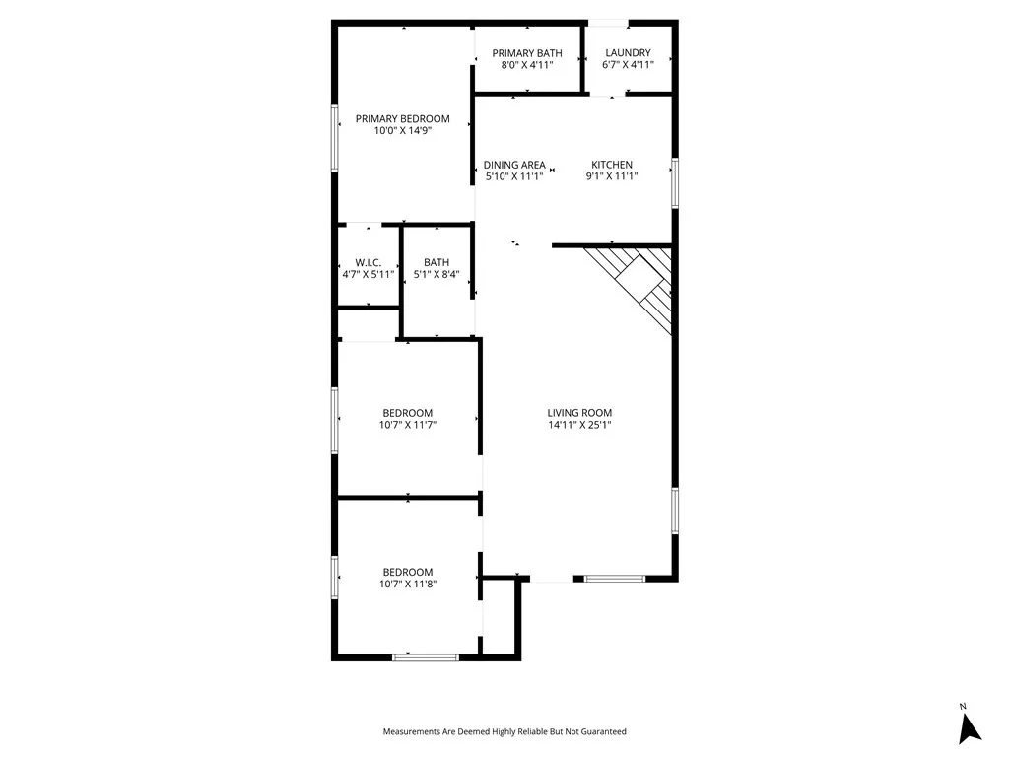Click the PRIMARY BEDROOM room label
pos(402,119)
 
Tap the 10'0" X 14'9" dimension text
pos(402,131)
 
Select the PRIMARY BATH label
pos(527,53)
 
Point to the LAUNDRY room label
pos(628,53)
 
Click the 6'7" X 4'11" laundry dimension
pos(628,65)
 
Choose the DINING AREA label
pos(514,165)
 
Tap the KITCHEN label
pos(612,165)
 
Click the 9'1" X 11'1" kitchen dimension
pos(612,176)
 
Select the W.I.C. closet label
pos(369,262)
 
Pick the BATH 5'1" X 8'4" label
pos(437,268)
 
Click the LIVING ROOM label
pos(580,413)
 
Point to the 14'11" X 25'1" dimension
pos(580,425)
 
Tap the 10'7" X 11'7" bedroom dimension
pos(408,425)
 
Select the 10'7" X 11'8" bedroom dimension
pos(408,584)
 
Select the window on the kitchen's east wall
pos(675,182)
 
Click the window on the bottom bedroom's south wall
pos(425,656)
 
